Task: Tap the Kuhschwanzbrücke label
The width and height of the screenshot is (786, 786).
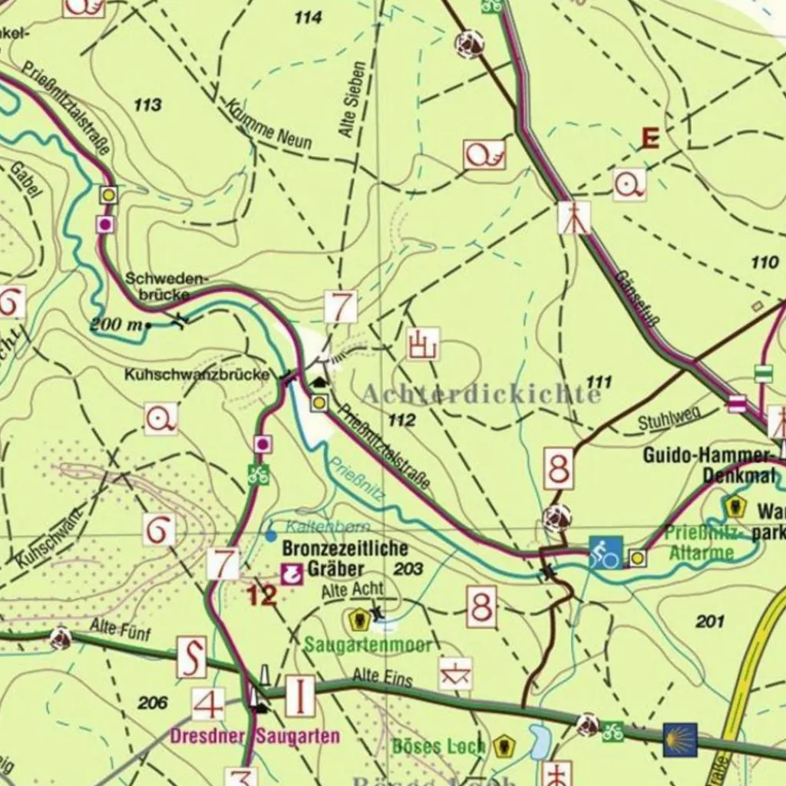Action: coord(199,375)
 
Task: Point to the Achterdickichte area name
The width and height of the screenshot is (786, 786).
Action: coord(481,395)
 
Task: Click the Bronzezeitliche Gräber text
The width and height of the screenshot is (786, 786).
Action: coord(345,559)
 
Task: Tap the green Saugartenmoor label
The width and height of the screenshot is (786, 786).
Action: coord(368,645)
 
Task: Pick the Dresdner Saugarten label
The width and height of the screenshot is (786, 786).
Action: coord(255,736)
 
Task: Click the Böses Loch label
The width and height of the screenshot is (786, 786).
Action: coord(439,745)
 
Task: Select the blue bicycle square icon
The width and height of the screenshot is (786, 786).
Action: coord(606,553)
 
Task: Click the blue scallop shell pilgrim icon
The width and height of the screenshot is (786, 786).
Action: coord(680,739)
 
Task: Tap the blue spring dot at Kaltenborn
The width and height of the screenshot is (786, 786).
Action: coord(271,535)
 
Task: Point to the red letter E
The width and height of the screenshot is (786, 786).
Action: coord(650,139)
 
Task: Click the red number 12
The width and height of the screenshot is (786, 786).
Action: coord(262,595)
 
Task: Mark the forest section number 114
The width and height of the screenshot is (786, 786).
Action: coord(308,17)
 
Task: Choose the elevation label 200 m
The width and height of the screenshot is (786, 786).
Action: coord(117,325)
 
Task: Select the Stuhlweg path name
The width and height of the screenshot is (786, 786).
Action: coord(669,418)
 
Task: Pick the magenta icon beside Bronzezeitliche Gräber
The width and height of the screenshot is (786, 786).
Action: coord(291,573)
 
